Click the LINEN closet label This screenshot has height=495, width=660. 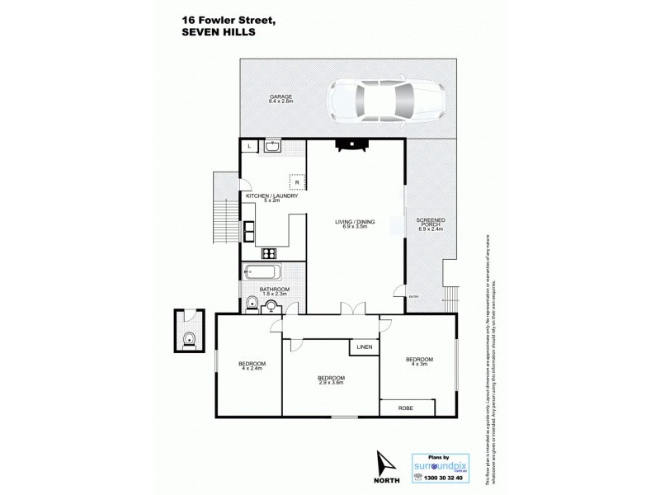tap(365, 347)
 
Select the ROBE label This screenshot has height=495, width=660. tap(405, 408)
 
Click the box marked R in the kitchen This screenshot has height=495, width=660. tap(296, 182)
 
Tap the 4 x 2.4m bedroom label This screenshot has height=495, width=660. tap(252, 366)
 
